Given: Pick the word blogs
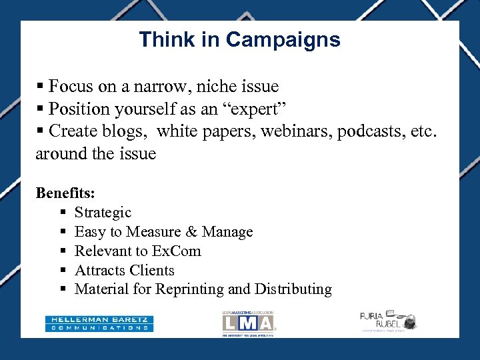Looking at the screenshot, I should (x=127, y=131).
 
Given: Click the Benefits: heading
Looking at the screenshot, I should (x=65, y=193).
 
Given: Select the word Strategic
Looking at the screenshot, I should (x=103, y=213).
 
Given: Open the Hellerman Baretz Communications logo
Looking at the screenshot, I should (x=99, y=323).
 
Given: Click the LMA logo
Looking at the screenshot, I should (x=248, y=323).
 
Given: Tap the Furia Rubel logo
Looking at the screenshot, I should (x=387, y=321).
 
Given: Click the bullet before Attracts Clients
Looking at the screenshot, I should (x=62, y=271).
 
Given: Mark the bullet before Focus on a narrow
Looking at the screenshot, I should (x=40, y=87).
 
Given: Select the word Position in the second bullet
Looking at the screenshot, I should (x=76, y=109).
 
